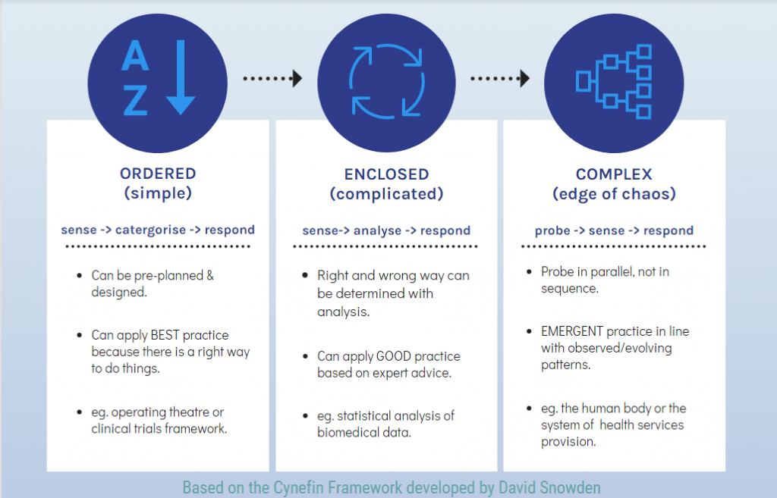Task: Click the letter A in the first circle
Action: pyautogui.click(x=135, y=55)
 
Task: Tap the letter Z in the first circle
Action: pyautogui.click(x=135, y=100)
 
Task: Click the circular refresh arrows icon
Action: pyautogui.click(x=386, y=81)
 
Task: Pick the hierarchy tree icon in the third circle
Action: pyautogui.click(x=613, y=82)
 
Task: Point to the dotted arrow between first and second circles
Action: pyautogui.click(x=272, y=78)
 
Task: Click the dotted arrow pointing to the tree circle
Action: pyautogui.click(x=500, y=78)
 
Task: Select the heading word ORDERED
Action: pyautogui.click(x=158, y=174)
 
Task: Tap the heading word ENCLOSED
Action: pyautogui.click(x=386, y=174)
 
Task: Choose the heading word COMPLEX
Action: pyautogui.click(x=614, y=174)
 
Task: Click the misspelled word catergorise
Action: pyautogui.click(x=151, y=230)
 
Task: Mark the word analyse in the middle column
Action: pyautogui.click(x=377, y=231)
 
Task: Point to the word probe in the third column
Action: pyautogui.click(x=552, y=231)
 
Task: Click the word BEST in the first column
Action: pyautogui.click(x=165, y=335)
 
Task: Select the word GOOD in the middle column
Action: pyautogui.click(x=394, y=356)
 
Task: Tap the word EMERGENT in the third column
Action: pyautogui.click(x=572, y=331)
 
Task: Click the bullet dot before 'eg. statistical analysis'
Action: pyautogui.click(x=305, y=416)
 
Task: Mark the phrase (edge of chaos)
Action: pyautogui.click(x=614, y=194)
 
